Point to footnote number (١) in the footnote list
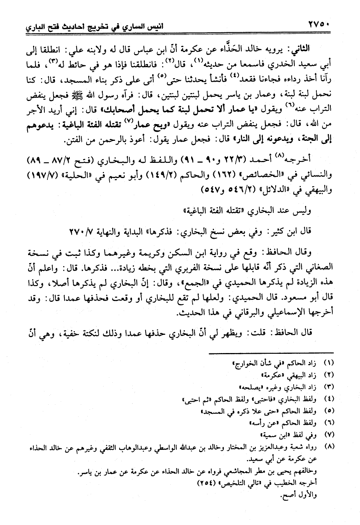(329, 364)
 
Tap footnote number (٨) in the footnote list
(329, 446)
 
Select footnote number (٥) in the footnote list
(329, 411)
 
